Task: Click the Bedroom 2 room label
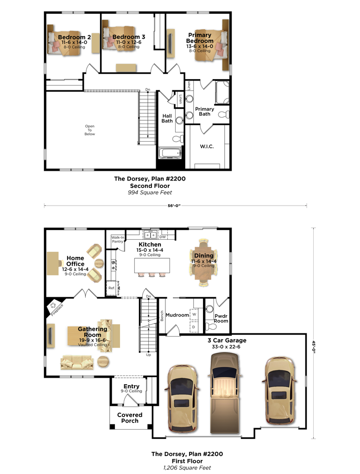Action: (71, 37)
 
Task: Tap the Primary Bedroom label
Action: (200, 38)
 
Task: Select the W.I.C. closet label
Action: (207, 146)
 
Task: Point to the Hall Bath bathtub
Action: (170, 153)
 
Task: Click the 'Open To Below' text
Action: (89, 130)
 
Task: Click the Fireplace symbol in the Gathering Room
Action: (53, 306)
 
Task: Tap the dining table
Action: (204, 262)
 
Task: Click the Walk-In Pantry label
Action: (118, 239)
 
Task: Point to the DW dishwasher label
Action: (163, 237)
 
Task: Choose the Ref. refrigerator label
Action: (111, 288)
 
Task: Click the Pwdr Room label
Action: (221, 318)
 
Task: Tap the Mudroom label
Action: (177, 315)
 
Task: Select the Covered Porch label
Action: (130, 418)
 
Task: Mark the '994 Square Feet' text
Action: (151, 192)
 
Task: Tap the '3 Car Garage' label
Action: (227, 340)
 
